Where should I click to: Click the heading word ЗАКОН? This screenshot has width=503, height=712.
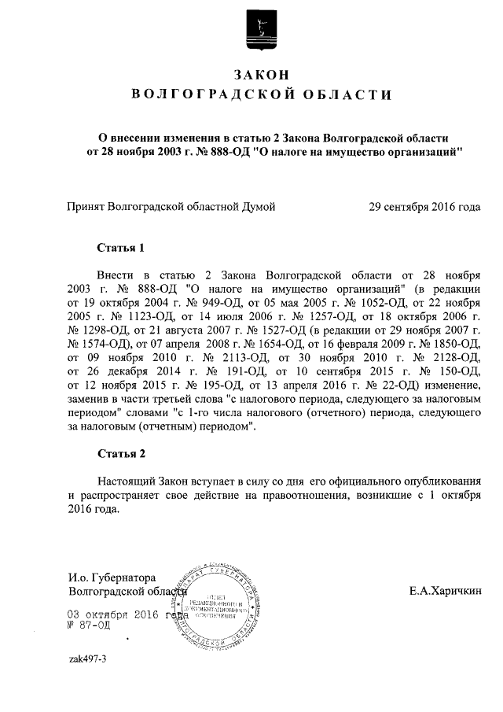click(x=259, y=74)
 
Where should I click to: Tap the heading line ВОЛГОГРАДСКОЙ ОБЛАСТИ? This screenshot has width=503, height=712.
click(x=259, y=95)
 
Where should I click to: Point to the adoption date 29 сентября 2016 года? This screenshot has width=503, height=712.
click(x=424, y=207)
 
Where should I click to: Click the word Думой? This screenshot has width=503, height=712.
click(x=258, y=207)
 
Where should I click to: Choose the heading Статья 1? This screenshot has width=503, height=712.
click(x=121, y=248)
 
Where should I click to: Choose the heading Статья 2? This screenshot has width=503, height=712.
click(x=121, y=454)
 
